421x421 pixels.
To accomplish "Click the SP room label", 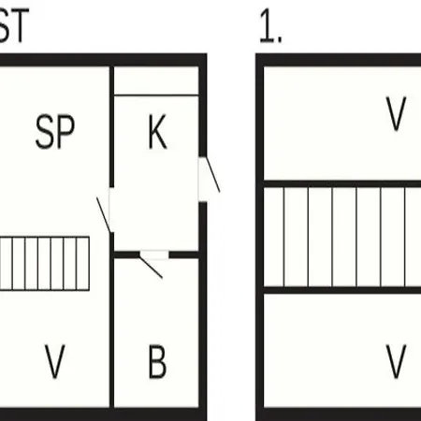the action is pyautogui.click(x=55, y=131).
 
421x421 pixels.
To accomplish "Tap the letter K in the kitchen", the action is pyautogui.click(x=157, y=132).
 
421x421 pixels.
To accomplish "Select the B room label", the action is pyautogui.click(x=157, y=361).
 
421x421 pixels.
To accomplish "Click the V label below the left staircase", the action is pyautogui.click(x=55, y=361).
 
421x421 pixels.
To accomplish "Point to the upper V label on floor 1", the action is pyautogui.click(x=396, y=113).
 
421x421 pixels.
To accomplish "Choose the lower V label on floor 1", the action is pyautogui.click(x=396, y=361).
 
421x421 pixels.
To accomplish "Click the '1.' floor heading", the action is pyautogui.click(x=270, y=25).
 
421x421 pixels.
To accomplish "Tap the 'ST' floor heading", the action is pyautogui.click(x=14, y=25).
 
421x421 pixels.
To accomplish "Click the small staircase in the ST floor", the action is pyautogui.click(x=45, y=264).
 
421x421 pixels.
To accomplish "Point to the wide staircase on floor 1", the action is pyautogui.click(x=342, y=237).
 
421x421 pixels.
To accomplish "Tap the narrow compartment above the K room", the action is pyautogui.click(x=156, y=80).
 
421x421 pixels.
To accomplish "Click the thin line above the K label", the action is pyautogui.click(x=156, y=94).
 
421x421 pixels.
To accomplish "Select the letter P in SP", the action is pyautogui.click(x=66, y=131).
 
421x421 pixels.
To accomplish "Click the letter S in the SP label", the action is pyautogui.click(x=45, y=131).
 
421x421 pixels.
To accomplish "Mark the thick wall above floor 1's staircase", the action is pyautogui.click(x=342, y=183).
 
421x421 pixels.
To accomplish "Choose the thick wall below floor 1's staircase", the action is pyautogui.click(x=342, y=290).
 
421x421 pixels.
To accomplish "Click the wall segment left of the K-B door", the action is pyautogui.click(x=126, y=254).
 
